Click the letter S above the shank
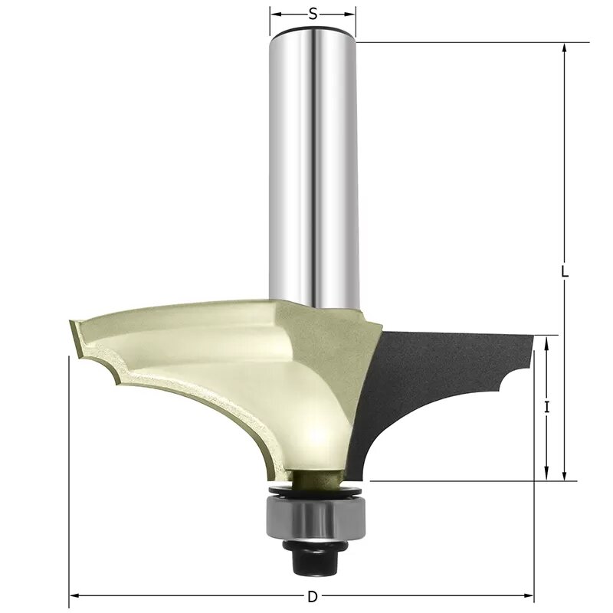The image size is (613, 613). click(x=313, y=13)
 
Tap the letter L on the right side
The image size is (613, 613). click(x=564, y=272)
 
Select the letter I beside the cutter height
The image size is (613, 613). click(x=546, y=408)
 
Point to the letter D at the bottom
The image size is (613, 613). click(x=312, y=596)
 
